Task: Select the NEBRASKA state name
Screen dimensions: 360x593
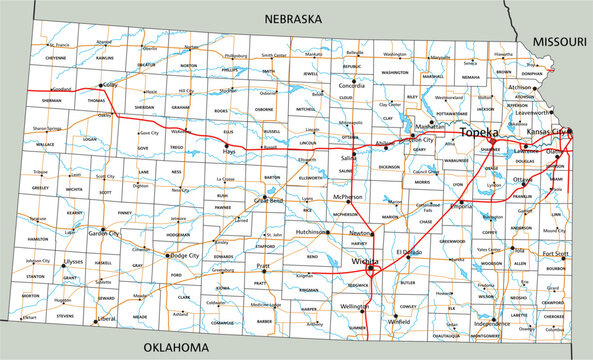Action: (292, 19)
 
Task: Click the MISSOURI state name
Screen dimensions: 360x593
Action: (559, 41)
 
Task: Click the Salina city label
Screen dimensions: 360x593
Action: (347, 158)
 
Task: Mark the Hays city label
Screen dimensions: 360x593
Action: (229, 150)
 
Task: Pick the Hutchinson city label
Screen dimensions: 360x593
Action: (313, 231)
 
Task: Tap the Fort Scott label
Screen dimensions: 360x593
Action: (555, 254)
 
